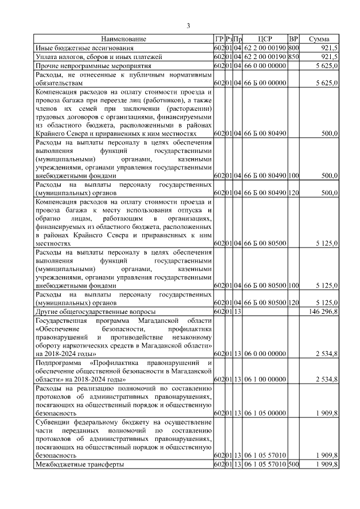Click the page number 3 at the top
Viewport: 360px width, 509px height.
(188, 25)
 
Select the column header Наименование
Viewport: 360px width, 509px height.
(124, 39)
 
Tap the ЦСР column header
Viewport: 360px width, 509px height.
(265, 39)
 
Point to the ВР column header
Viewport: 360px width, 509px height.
(293, 39)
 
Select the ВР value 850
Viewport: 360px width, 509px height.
(293, 57)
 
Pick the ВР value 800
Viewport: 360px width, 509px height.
(293, 48)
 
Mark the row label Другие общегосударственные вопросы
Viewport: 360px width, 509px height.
(87, 311)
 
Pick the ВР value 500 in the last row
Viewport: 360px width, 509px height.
(293, 465)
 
